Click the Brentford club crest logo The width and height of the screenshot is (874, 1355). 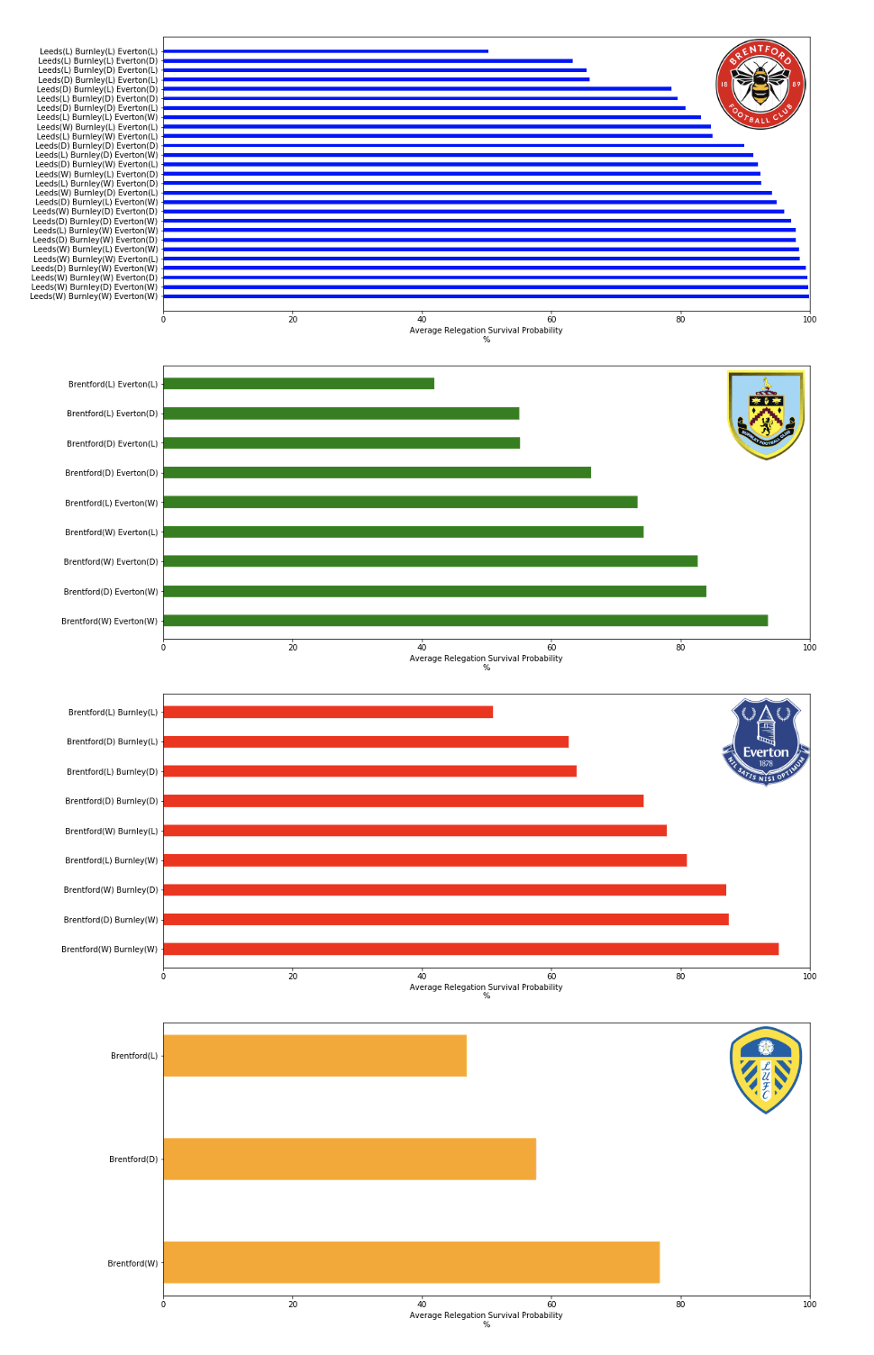point(760,85)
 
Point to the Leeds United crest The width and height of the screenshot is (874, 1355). point(766,1070)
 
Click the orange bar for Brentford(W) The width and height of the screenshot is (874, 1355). point(411,1262)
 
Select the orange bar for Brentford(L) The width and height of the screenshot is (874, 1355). point(314,1055)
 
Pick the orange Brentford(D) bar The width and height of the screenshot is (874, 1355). point(350,1159)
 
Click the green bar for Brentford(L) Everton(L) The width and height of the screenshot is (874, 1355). point(298,384)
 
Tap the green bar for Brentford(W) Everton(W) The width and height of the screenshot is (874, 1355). point(465,621)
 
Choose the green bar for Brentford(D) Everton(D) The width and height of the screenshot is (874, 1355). point(377,472)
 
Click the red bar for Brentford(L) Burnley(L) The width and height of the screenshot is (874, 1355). point(328,712)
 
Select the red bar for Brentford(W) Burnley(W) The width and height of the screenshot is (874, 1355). point(470,949)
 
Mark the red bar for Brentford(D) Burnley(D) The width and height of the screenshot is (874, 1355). point(403,801)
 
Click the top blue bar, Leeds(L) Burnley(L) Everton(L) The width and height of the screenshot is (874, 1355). point(325,51)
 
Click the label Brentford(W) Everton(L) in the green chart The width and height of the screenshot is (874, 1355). point(111,532)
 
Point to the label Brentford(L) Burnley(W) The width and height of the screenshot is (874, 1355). point(111,860)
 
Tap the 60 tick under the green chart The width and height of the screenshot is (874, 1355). point(551,648)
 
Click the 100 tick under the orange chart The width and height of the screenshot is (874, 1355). point(809,1305)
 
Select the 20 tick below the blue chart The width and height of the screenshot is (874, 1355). point(293,320)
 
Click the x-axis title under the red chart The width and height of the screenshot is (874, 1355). point(486,987)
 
